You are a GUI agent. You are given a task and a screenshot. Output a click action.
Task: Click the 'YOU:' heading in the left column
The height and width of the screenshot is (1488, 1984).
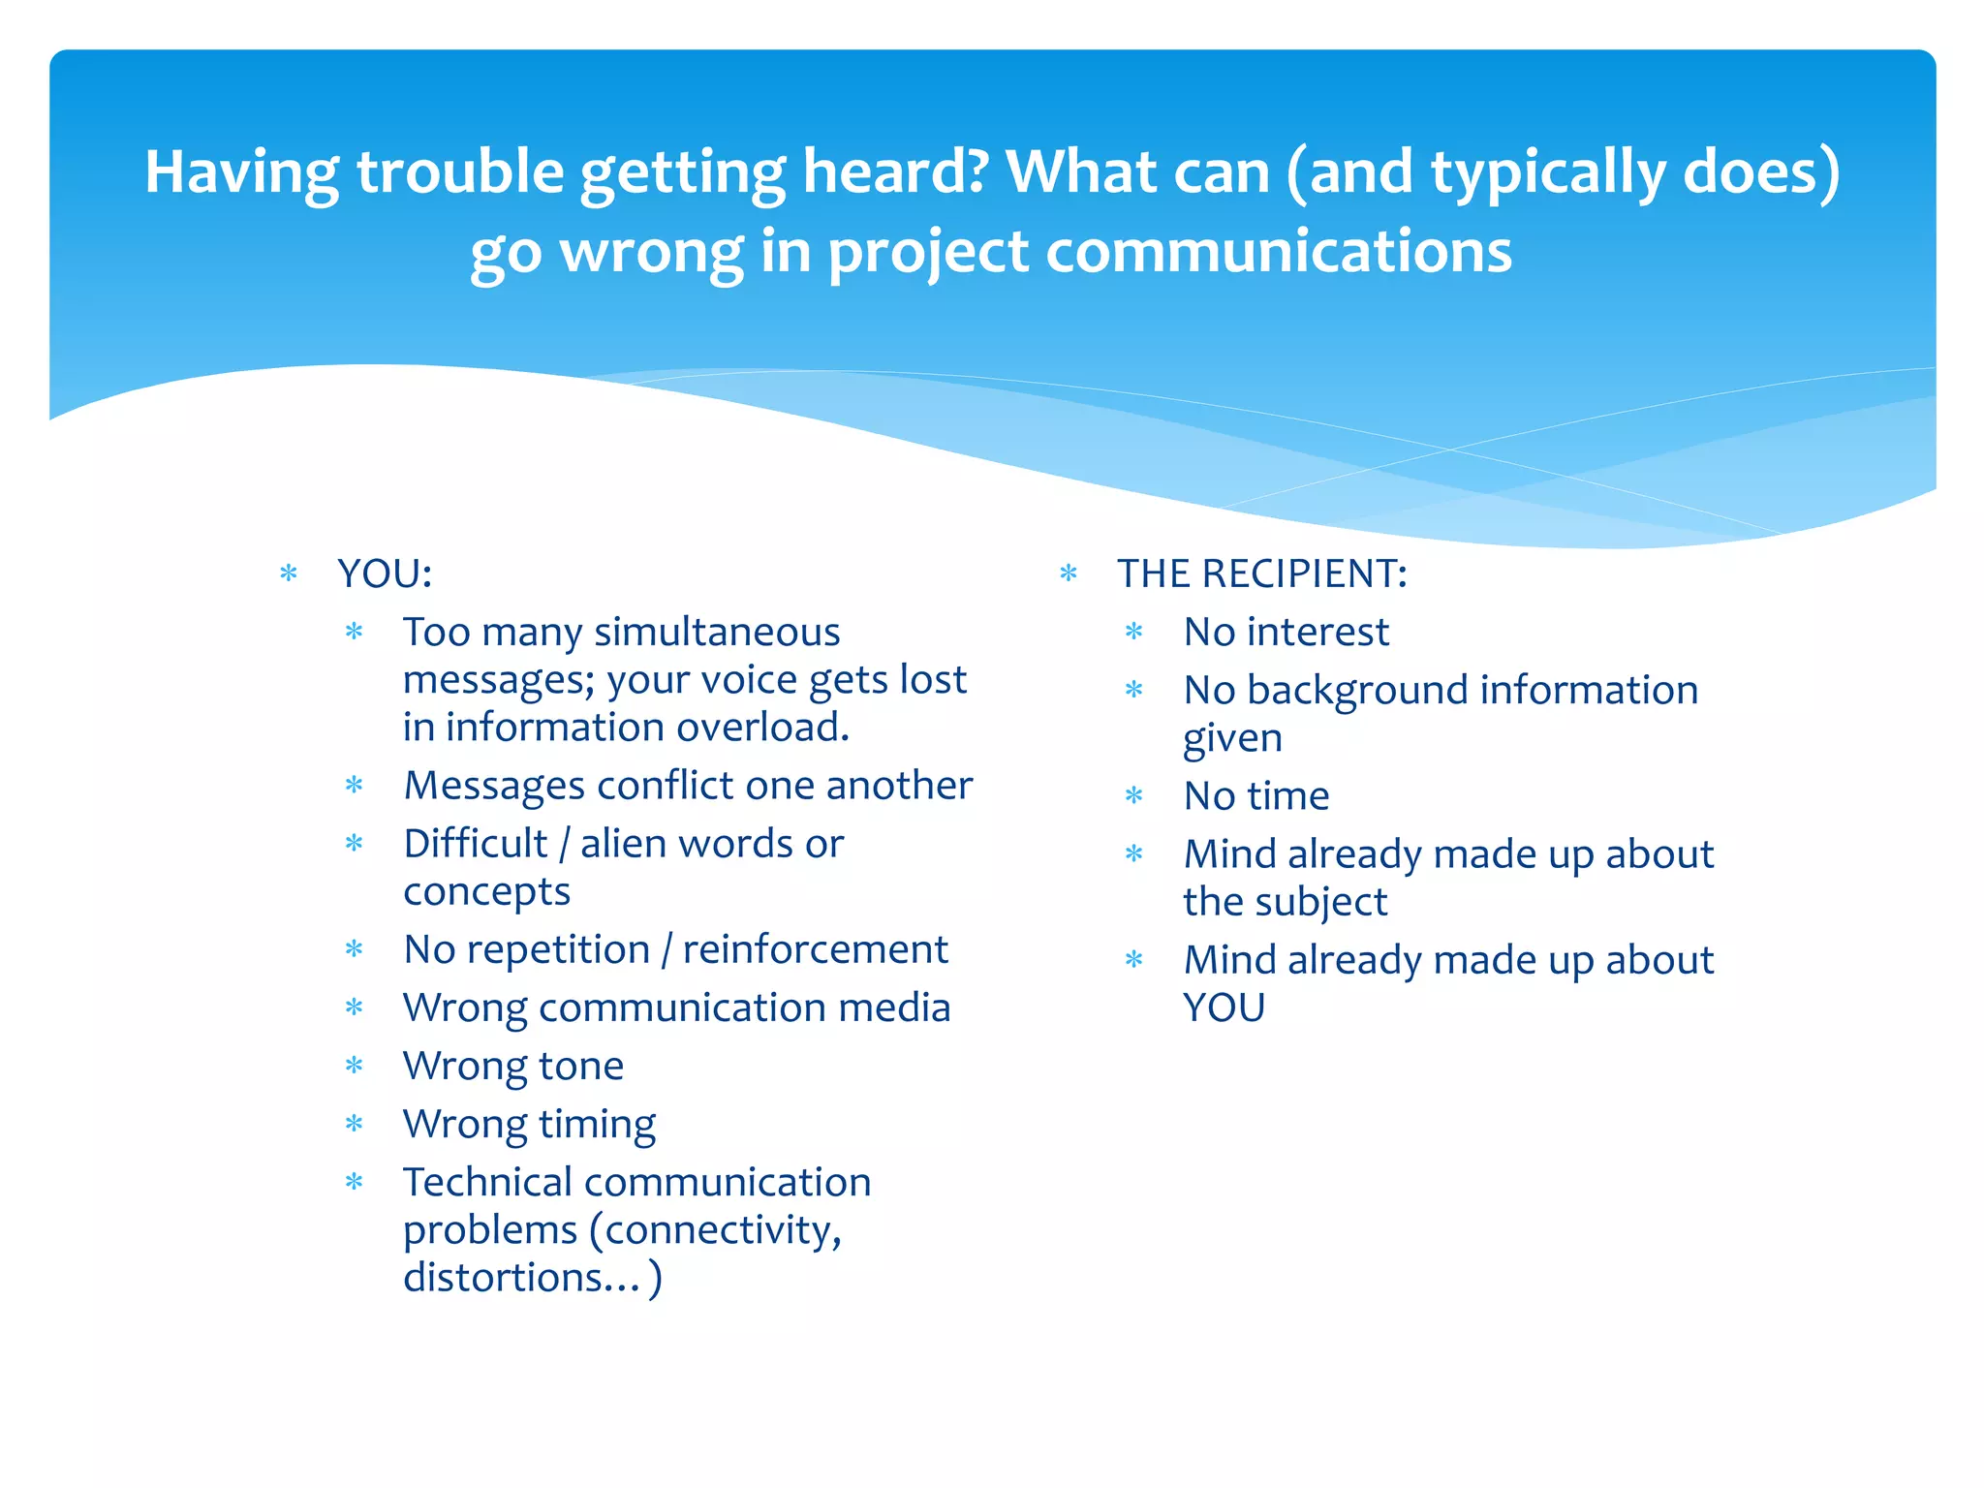pos(384,573)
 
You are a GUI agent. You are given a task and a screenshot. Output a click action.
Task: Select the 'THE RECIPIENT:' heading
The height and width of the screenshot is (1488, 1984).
pos(1261,573)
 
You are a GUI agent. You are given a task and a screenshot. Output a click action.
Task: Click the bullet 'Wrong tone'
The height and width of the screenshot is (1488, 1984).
pos(512,1066)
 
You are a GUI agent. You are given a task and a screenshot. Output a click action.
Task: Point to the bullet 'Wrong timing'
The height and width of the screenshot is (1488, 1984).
pos(529,1124)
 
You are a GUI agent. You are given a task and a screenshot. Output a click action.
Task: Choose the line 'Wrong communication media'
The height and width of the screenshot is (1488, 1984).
pos(676,1007)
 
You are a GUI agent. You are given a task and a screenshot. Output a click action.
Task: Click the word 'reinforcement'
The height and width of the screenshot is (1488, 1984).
pos(815,949)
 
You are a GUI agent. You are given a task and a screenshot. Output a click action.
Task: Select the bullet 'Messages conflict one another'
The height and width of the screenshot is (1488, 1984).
pos(687,786)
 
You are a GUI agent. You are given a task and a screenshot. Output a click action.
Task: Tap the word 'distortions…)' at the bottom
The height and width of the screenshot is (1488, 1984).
pos(532,1278)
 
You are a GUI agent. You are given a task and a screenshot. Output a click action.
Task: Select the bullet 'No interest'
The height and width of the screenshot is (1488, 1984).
pos(1286,632)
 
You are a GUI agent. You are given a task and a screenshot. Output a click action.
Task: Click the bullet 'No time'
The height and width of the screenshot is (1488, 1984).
pos(1255,796)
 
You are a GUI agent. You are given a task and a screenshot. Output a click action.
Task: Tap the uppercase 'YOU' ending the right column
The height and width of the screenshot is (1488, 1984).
pos(1224,1007)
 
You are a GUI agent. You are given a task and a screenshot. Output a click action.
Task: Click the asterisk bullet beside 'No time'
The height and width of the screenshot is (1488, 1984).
pos(1133,796)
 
